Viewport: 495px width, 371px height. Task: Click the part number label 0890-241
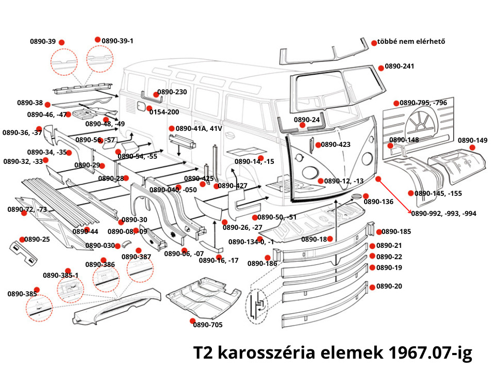pyautogui.click(x=400, y=66)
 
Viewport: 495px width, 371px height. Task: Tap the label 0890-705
pyautogui.click(x=208, y=325)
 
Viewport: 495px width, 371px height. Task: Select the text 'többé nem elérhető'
pyautogui.click(x=411, y=42)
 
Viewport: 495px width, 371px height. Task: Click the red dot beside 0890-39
pyautogui.click(x=62, y=42)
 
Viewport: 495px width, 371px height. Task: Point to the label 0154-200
pyautogui.click(x=164, y=112)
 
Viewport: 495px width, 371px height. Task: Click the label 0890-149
pyautogui.click(x=472, y=140)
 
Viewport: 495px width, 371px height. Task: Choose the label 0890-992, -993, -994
pyautogui.click(x=443, y=213)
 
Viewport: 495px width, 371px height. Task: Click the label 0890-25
pyautogui.click(x=37, y=240)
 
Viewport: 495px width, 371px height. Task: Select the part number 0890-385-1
pyautogui.click(x=60, y=275)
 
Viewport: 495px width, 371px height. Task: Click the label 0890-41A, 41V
pyautogui.click(x=199, y=128)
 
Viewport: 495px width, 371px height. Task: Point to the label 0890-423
pyautogui.click(x=336, y=145)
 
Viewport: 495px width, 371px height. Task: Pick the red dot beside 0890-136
pyautogui.click(x=366, y=196)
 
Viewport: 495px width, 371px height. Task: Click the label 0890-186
pyautogui.click(x=262, y=264)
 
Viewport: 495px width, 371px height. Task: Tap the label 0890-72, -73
pyautogui.click(x=27, y=209)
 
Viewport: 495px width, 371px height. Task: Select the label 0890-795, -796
pyautogui.click(x=423, y=103)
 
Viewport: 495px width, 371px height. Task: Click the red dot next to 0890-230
pyautogui.click(x=156, y=95)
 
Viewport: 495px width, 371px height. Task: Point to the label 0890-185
pyautogui.click(x=397, y=232)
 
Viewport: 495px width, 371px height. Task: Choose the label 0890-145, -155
pyautogui.click(x=438, y=193)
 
